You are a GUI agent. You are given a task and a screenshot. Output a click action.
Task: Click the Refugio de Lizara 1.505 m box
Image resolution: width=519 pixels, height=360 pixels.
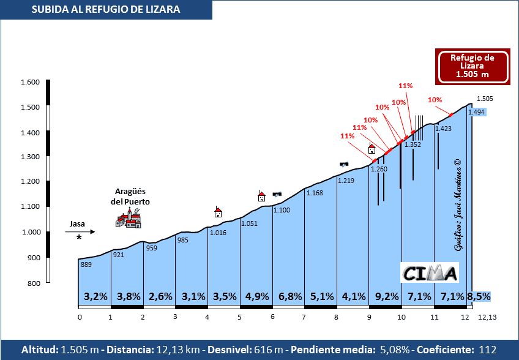tap(472, 66)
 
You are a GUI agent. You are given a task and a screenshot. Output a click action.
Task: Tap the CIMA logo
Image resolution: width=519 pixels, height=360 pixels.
tap(430, 272)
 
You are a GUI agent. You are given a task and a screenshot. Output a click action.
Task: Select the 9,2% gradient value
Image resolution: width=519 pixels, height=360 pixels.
tap(387, 296)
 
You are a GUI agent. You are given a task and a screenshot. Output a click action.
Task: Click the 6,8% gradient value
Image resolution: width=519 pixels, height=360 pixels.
tap(290, 296)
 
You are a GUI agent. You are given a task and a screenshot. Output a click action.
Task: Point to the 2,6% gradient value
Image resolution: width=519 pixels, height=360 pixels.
tap(160, 296)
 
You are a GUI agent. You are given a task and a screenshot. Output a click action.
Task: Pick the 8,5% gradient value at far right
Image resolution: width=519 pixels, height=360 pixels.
tap(479, 296)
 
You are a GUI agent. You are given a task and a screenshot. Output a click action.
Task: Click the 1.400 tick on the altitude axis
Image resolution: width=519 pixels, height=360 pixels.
tap(31, 133)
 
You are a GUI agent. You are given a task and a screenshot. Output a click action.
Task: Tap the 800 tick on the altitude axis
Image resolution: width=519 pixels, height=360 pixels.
tap(33, 283)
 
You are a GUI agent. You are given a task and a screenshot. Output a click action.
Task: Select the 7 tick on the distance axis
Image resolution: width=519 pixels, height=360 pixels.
tap(304, 317)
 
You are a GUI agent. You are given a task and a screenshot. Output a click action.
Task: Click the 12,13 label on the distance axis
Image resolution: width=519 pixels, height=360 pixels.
tap(488, 317)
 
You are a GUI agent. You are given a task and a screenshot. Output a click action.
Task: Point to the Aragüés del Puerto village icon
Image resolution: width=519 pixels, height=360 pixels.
tap(129, 217)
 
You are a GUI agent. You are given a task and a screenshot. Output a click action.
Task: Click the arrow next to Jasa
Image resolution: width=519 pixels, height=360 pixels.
tap(80, 231)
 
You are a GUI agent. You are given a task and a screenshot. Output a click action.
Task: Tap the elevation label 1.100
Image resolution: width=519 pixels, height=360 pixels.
tap(282, 211)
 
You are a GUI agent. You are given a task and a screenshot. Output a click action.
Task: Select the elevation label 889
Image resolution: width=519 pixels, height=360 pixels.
tap(86, 264)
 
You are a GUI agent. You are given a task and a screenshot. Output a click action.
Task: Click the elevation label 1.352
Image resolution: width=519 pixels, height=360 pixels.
tap(413, 145)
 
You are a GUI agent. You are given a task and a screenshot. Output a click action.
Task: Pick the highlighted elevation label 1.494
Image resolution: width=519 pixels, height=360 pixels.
tap(476, 112)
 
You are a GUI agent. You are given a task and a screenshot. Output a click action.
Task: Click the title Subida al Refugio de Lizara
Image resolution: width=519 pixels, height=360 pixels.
tap(106, 9)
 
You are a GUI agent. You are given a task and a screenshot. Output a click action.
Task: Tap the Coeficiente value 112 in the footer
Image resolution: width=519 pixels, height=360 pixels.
tap(488, 350)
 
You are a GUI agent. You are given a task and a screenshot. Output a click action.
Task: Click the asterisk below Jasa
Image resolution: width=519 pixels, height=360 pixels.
tap(79, 238)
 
